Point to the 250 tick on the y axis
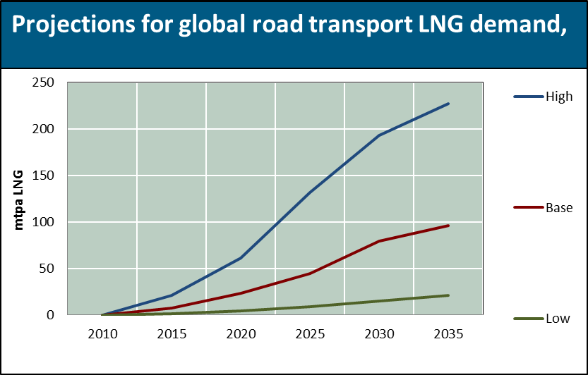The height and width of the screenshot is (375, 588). (44, 83)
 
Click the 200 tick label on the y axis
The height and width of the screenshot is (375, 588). (44, 130)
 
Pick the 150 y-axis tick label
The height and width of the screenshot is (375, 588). (44, 176)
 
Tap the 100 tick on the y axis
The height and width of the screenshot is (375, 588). (44, 222)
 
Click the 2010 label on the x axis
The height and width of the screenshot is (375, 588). (102, 333)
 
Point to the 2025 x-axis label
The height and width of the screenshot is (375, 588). (310, 333)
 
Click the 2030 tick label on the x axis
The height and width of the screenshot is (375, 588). (379, 333)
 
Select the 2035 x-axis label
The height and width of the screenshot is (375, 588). (448, 333)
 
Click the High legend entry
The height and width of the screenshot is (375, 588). (558, 97)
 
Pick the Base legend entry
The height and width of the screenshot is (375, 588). (558, 208)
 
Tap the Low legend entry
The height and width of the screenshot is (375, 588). (558, 319)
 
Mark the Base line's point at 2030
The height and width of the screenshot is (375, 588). (380, 241)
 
